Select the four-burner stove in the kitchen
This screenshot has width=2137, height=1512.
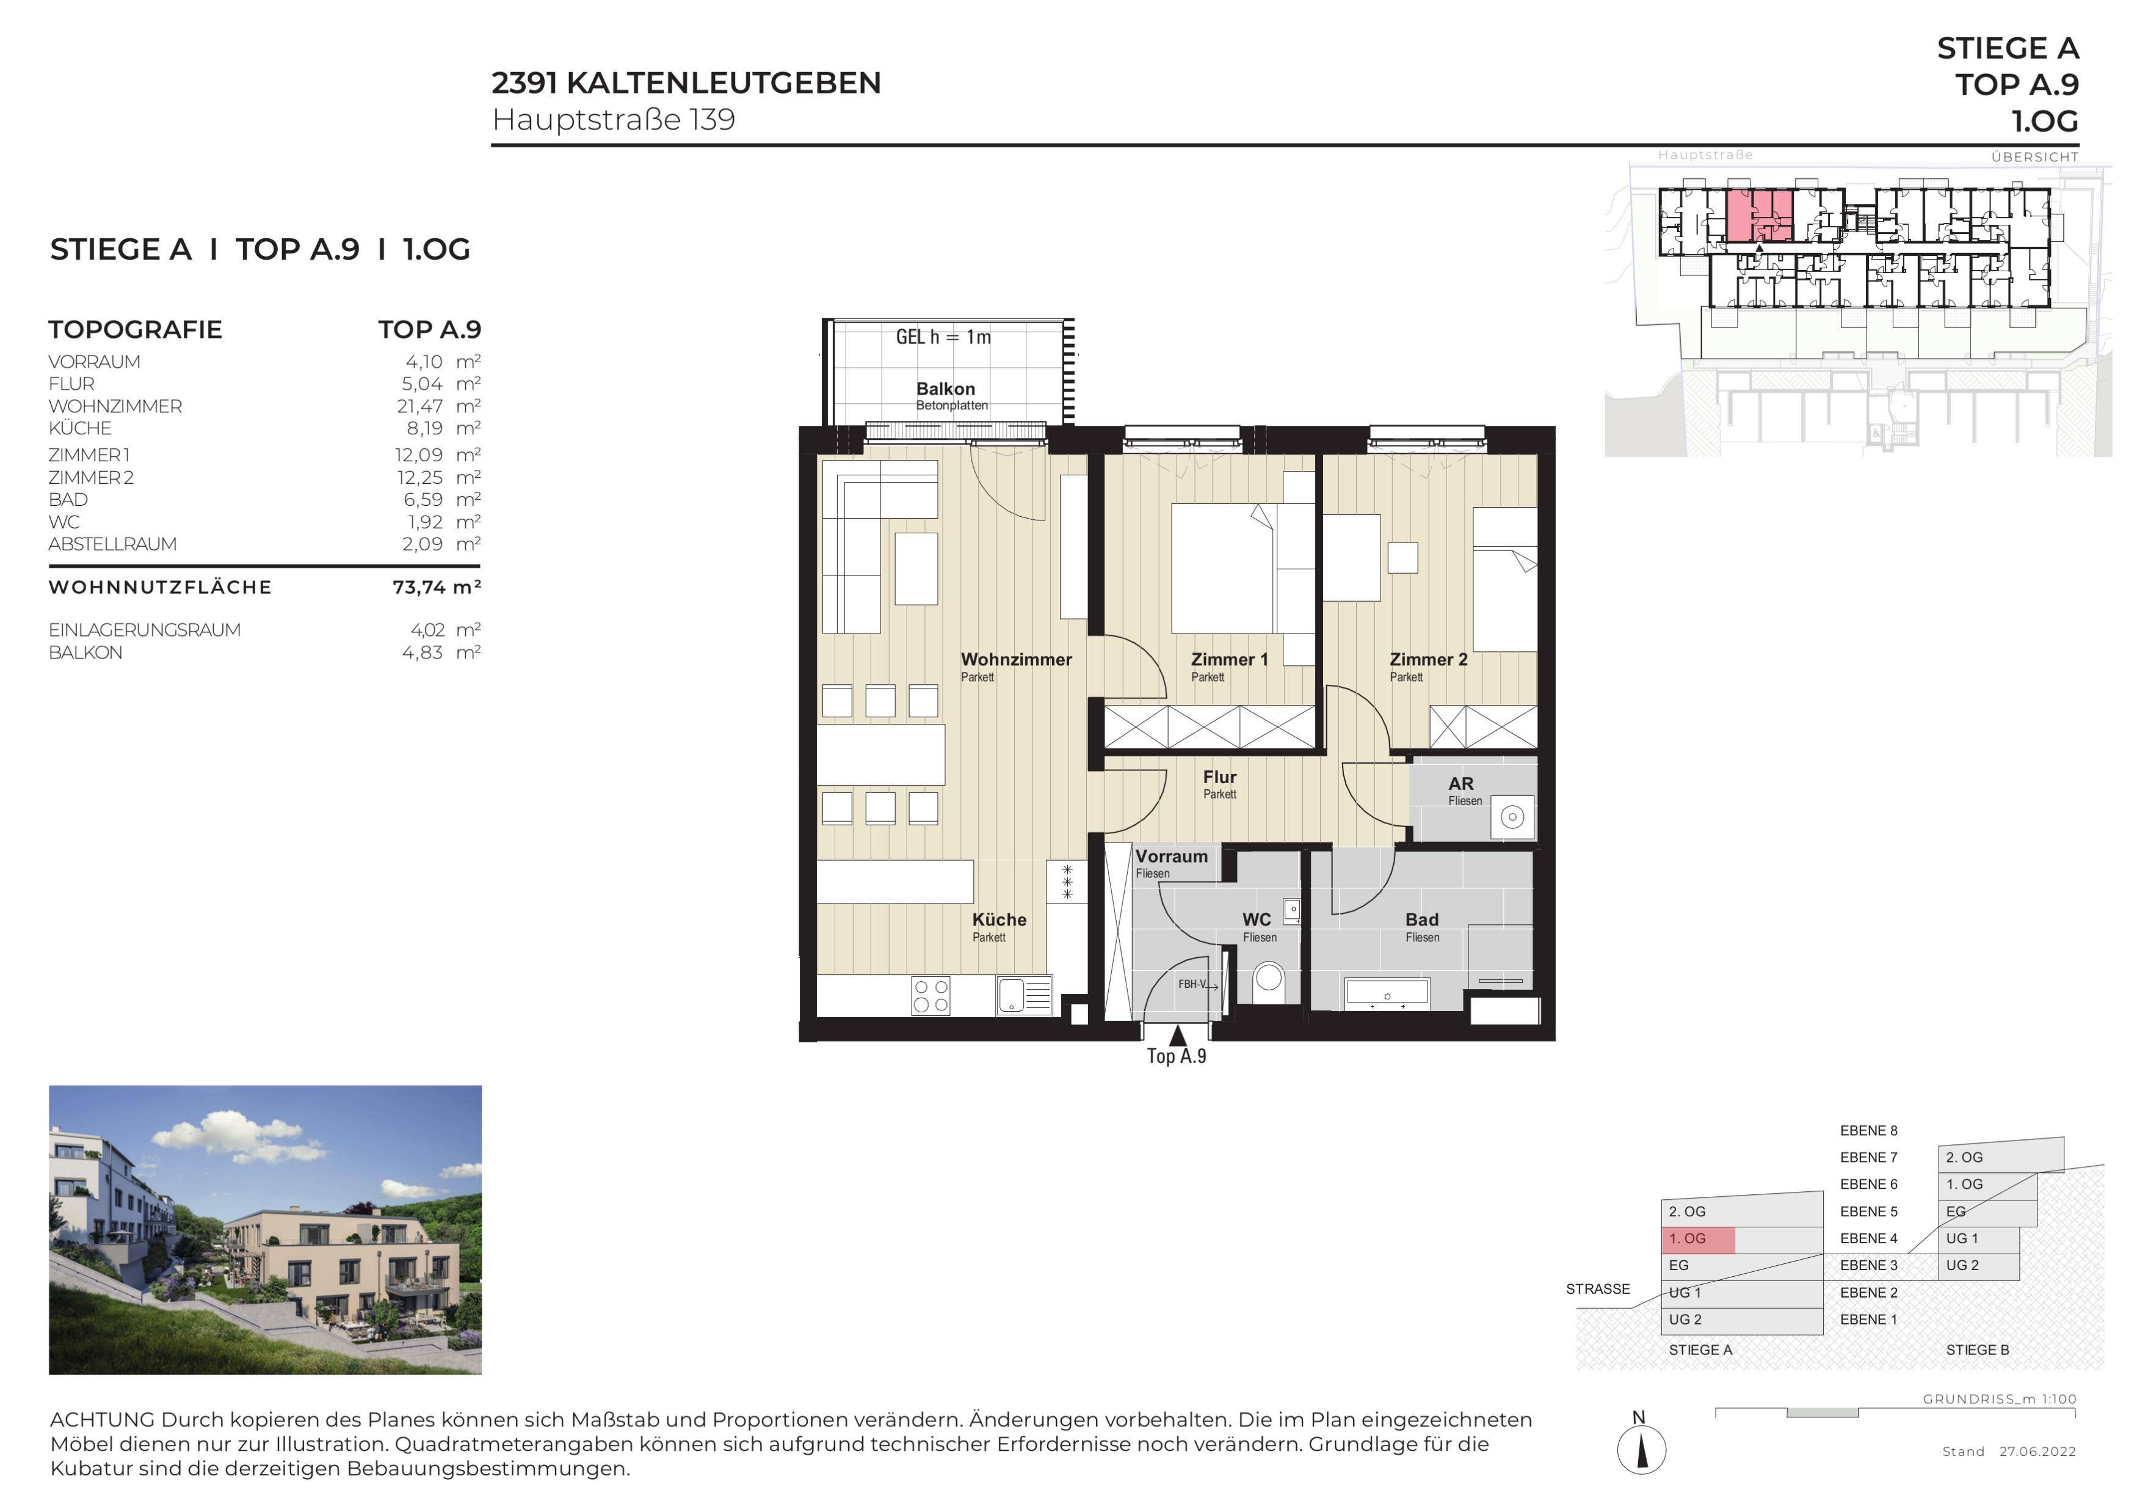931,995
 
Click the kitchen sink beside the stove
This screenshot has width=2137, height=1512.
1024,995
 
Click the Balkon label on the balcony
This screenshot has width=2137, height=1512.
946,389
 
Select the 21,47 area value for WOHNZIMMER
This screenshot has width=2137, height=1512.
420,407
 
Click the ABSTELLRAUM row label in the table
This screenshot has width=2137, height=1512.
112,545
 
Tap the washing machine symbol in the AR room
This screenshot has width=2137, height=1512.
1512,817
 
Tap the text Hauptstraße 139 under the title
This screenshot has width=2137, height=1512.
614,120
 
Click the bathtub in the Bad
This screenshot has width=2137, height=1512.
1388,995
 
